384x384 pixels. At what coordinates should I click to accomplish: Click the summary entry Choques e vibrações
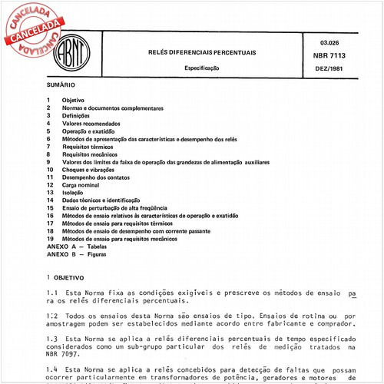90,170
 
